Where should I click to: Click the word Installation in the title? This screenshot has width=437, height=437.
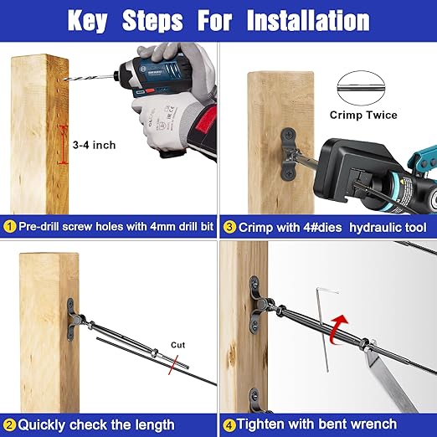(308, 20)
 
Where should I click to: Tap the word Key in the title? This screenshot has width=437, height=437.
(87, 21)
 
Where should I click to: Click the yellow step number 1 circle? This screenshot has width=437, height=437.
(10, 227)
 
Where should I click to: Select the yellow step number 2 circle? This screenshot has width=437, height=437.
(10, 425)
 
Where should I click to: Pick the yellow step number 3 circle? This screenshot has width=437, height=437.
(229, 227)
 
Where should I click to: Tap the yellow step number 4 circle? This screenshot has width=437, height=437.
(229, 425)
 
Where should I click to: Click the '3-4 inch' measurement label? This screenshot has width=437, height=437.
(94, 145)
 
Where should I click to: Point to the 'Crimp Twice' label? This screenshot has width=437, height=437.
(363, 115)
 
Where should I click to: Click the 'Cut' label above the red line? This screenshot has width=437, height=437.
(178, 345)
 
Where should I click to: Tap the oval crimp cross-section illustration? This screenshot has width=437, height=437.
(361, 88)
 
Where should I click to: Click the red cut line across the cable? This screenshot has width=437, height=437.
(173, 365)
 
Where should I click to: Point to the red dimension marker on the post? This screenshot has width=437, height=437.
(64, 145)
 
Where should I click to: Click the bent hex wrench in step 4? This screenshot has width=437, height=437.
(323, 329)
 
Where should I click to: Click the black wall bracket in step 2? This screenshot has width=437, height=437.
(72, 319)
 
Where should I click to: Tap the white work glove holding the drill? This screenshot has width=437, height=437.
(165, 123)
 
